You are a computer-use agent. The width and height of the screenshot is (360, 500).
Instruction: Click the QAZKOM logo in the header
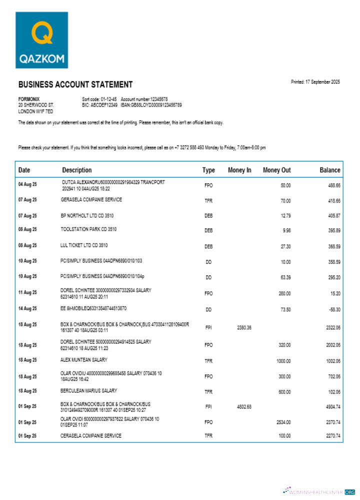(x=42, y=40)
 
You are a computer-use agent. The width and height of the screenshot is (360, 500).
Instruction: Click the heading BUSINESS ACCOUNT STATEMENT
(x=75, y=84)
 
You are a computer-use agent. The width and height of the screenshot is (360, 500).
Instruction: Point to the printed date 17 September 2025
(x=315, y=82)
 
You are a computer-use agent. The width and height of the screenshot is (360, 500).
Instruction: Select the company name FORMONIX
(x=29, y=99)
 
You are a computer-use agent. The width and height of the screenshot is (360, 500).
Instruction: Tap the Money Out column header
(x=276, y=170)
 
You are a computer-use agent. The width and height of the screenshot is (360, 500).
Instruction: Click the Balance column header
(x=329, y=170)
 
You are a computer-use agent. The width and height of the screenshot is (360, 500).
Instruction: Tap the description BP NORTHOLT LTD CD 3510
(x=88, y=215)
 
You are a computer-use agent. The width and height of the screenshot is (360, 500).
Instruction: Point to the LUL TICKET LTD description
(x=84, y=245)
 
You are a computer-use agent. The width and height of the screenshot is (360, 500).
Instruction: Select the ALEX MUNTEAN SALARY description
(x=84, y=359)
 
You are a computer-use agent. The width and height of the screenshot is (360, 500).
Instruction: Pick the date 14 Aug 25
(x=27, y=309)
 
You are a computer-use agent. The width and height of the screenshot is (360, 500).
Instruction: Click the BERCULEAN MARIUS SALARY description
(x=89, y=390)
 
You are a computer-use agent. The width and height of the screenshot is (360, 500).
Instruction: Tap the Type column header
(x=208, y=170)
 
